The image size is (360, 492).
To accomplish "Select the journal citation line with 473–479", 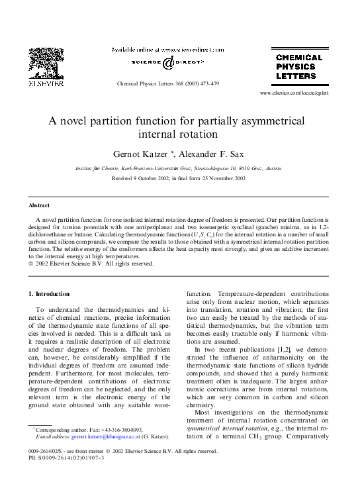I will coord(167,84).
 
